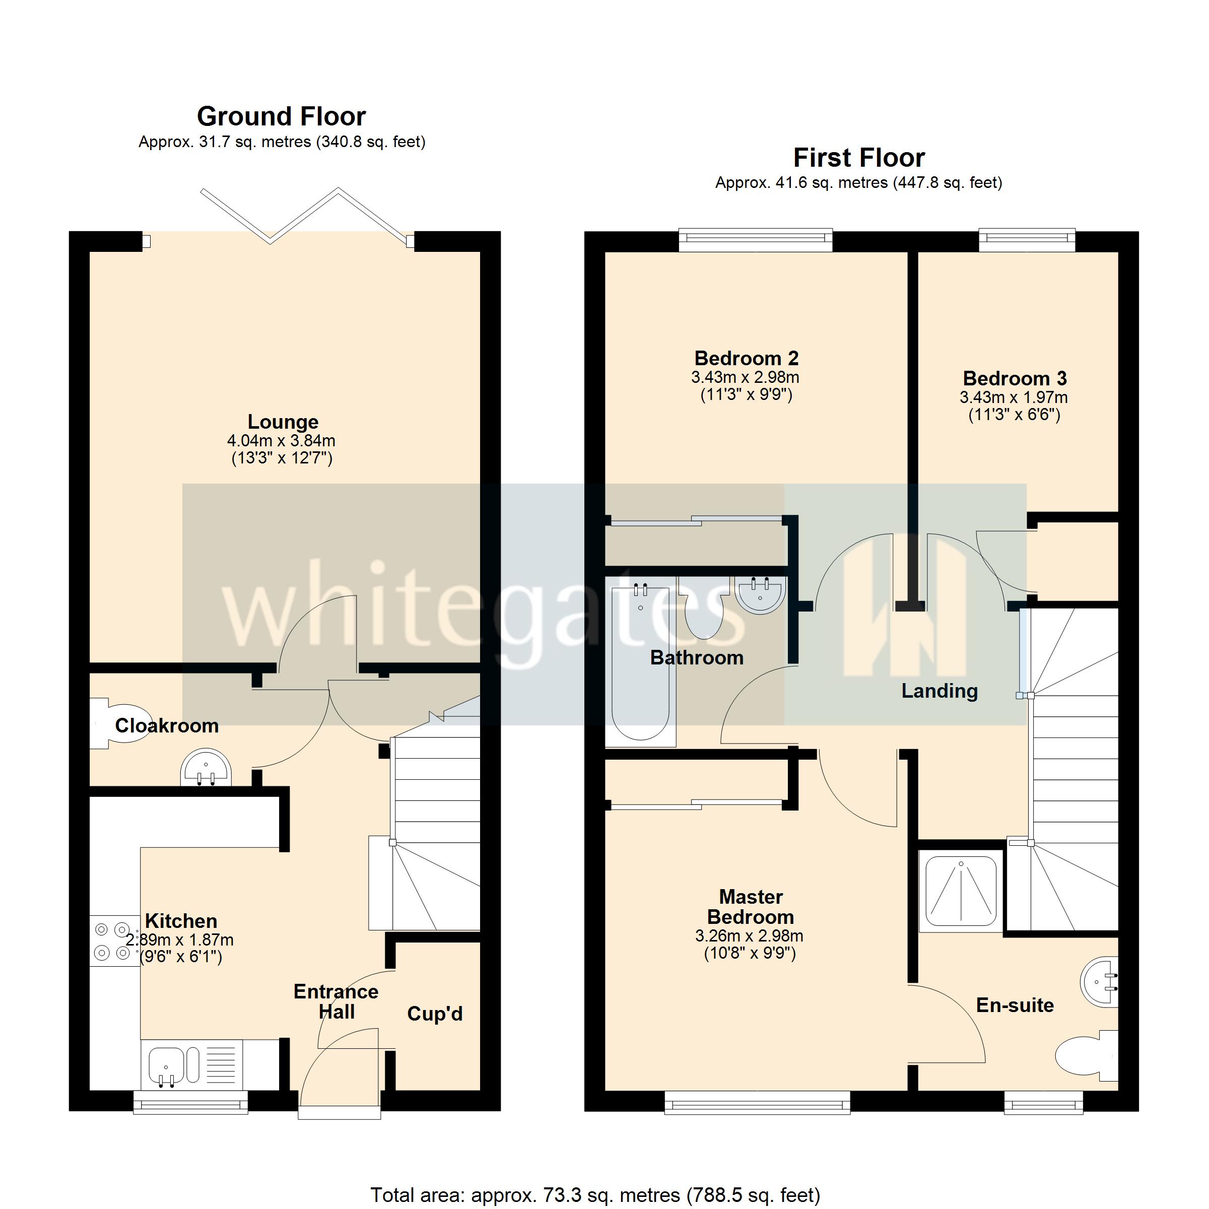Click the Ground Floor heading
click(x=281, y=116)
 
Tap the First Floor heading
click(x=858, y=158)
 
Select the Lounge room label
click(x=283, y=422)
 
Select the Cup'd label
click(x=435, y=1013)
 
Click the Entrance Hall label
click(x=336, y=1001)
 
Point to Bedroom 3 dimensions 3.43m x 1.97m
click(x=1014, y=397)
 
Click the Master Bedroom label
click(x=750, y=907)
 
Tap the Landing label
click(x=939, y=691)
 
